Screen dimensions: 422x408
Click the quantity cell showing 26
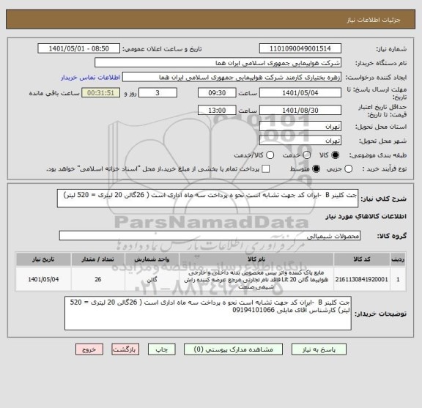[98, 279]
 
